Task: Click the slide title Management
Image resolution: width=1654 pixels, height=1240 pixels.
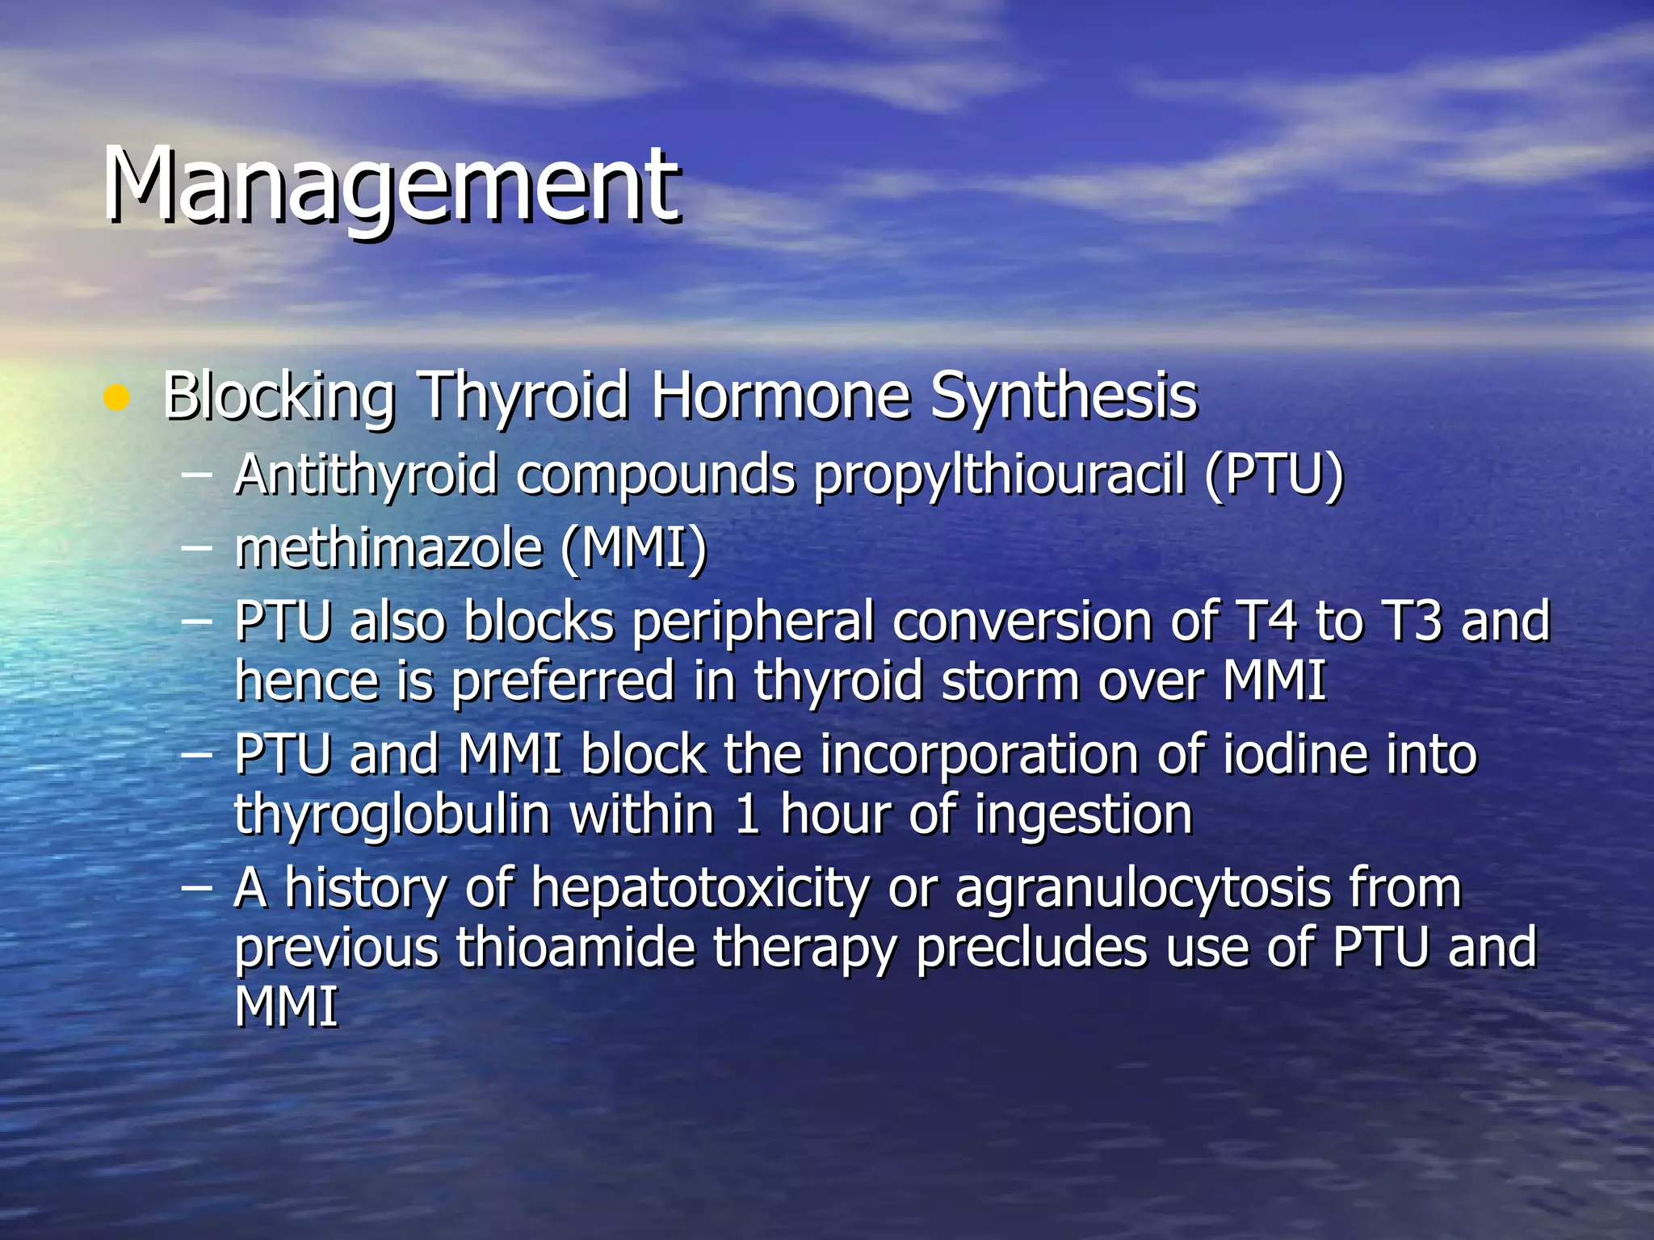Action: [392, 186]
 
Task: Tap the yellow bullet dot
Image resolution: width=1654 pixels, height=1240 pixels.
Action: [117, 397]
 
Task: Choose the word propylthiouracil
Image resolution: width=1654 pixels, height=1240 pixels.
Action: [1000, 475]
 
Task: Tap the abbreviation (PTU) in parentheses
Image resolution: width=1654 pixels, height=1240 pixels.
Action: [1274, 475]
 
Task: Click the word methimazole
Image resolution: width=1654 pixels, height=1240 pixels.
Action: [388, 549]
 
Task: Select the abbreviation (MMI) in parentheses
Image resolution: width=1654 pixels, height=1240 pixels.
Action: [633, 549]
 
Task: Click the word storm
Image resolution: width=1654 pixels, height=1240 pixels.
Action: [1010, 681]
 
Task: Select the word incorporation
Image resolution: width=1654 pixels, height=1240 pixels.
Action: [980, 755]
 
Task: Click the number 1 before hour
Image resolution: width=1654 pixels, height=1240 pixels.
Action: [747, 814]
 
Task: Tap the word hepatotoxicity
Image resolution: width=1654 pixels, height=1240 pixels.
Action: [700, 888]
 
